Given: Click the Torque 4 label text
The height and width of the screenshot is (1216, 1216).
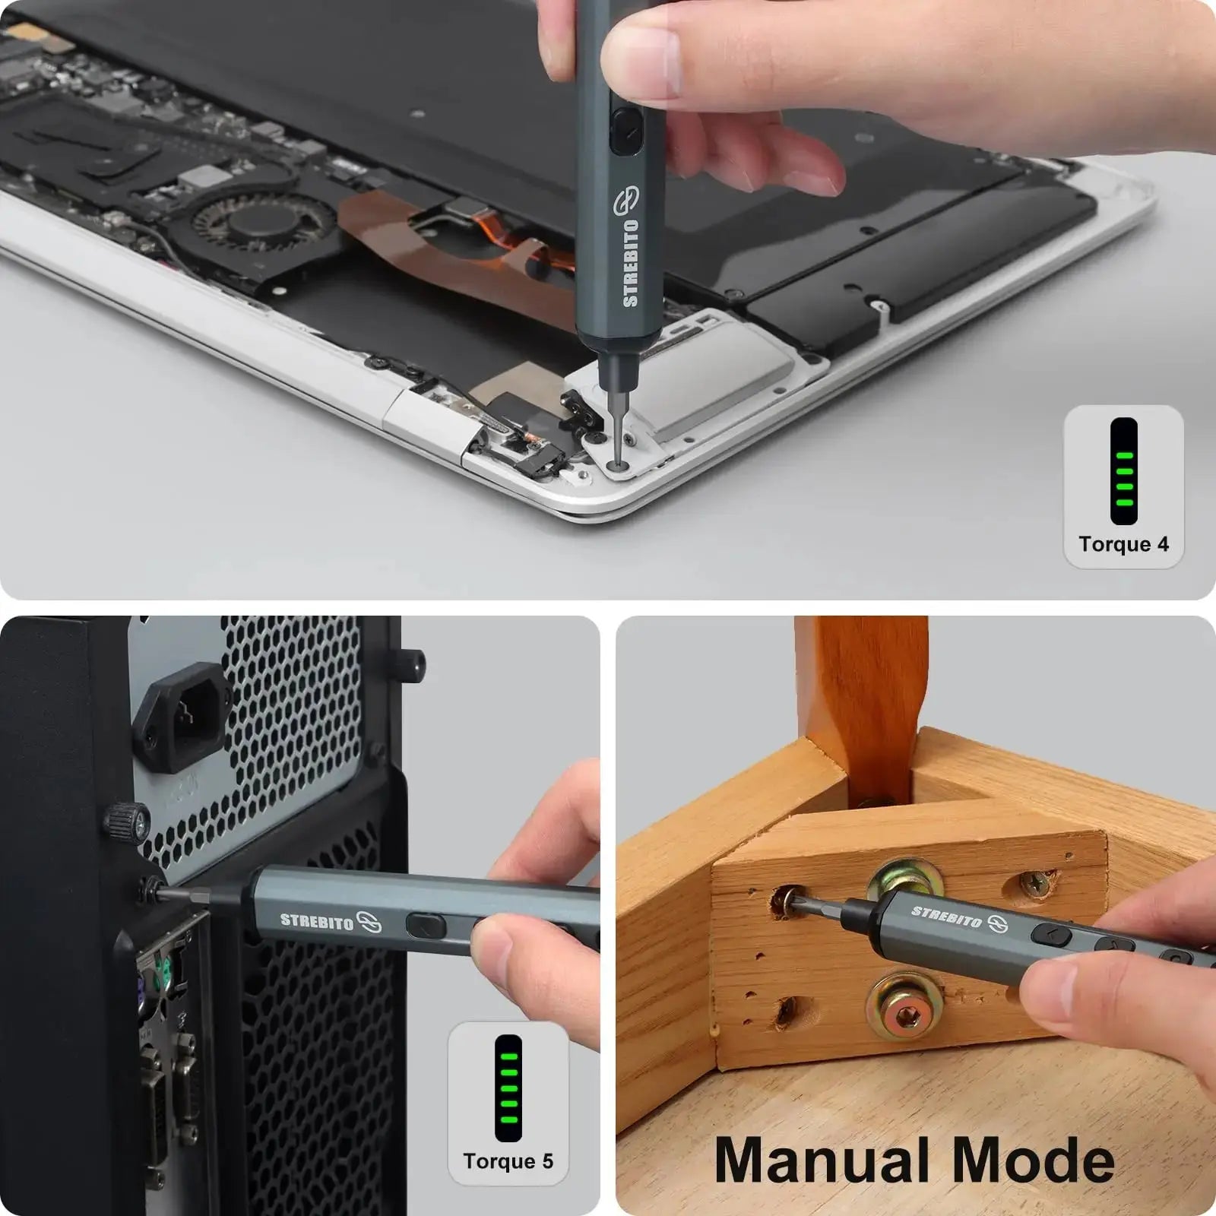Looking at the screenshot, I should (x=1123, y=544).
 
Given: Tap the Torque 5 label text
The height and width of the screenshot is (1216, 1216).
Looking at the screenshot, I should (x=508, y=1161).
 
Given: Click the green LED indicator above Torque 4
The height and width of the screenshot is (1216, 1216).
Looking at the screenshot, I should (x=1123, y=471).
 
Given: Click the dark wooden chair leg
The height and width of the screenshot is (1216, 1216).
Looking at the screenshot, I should (x=863, y=699).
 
